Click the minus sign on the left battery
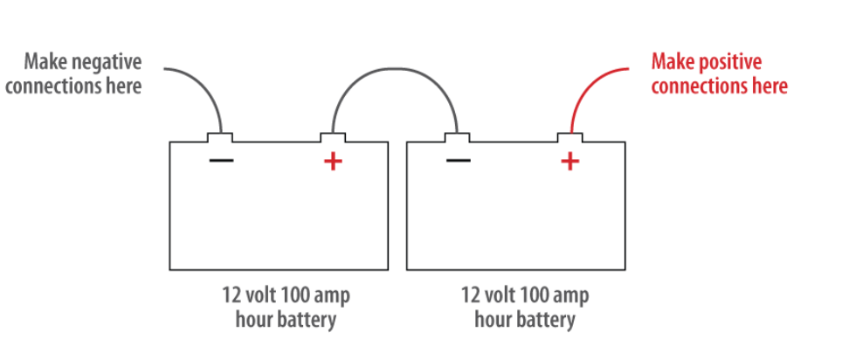[x=221, y=160]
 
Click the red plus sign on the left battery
[x=333, y=161]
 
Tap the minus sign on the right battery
[x=459, y=160]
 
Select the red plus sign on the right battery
[x=570, y=161]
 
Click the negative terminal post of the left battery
[x=220, y=137]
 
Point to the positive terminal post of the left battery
[x=333, y=137]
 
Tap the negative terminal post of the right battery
[x=457, y=137]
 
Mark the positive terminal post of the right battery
[x=569, y=137]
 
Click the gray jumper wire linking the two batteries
[x=395, y=69]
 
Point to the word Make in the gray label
[x=45, y=62]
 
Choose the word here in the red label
[x=768, y=86]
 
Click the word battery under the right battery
[x=546, y=320]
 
